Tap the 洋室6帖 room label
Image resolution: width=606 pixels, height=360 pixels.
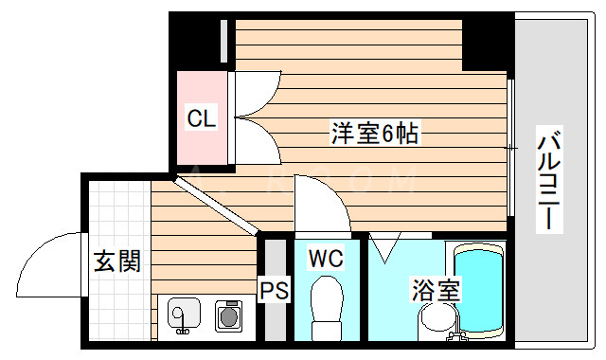point(374,134)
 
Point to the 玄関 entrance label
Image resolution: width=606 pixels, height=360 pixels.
point(116,261)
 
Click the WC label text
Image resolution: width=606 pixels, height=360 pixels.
point(325,257)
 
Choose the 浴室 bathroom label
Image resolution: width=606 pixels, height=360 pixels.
point(435,289)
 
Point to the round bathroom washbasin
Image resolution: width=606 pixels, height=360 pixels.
point(437,322)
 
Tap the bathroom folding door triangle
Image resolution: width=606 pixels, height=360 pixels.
point(385,249)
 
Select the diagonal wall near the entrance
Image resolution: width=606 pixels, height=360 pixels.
point(219,206)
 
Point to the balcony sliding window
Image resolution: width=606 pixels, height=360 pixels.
point(512,147)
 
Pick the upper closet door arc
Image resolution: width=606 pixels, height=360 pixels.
point(250,95)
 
